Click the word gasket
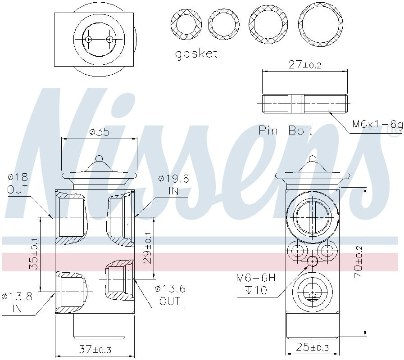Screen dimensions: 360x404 coord(196,54)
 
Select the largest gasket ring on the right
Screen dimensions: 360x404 coord(320,24)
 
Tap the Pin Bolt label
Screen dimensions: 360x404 coord(286,130)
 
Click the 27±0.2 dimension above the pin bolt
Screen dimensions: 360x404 coord(304,65)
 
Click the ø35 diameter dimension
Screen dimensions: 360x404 coord(99,132)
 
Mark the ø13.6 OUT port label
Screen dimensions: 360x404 coord(170,295)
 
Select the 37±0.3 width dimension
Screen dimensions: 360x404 coord(95,349)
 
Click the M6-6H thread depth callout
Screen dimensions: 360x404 coord(255,284)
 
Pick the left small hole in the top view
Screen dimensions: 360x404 coord(89,40)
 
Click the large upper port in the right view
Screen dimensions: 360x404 coord(311,216)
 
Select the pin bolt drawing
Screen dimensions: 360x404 coord(304,103)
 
